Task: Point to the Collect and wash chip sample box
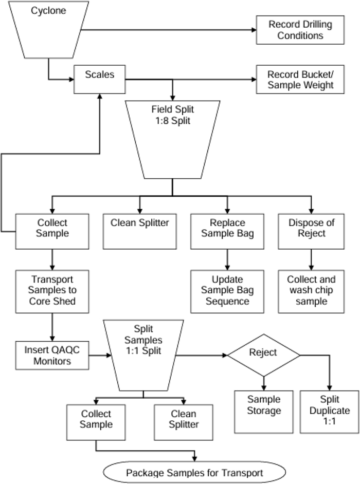310,290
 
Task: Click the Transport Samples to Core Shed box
52,290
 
